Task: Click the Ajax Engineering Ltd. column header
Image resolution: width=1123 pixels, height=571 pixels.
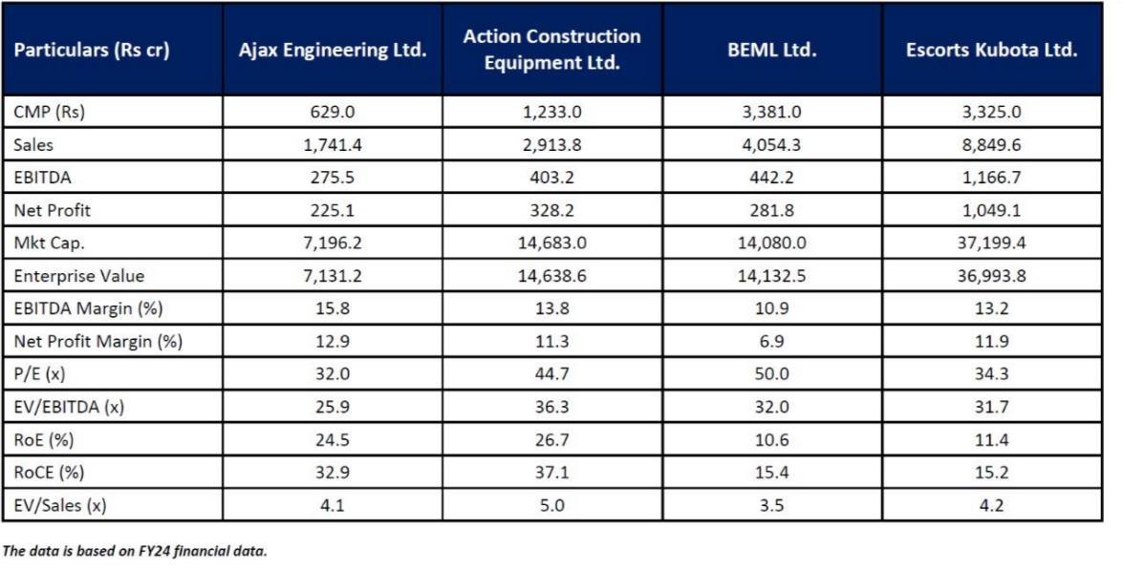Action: coord(332,51)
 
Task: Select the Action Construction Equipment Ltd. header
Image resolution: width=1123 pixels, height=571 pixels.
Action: coord(551,50)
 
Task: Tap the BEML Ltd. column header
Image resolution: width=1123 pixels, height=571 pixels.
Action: coord(771,51)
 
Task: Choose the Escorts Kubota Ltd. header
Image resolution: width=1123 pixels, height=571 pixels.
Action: coord(991,51)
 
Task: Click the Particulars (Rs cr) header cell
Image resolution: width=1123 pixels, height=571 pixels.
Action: coord(92,51)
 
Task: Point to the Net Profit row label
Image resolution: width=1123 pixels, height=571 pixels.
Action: coord(54,210)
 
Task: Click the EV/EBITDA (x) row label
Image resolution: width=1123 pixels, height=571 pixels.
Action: coord(69,407)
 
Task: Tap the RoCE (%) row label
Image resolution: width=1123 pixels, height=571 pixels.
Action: coord(49,473)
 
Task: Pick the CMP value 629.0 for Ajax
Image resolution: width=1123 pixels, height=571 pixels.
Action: coord(332,112)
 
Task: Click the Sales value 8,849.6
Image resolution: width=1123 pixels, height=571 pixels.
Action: coord(991,145)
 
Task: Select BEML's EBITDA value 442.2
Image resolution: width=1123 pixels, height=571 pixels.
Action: coord(771,178)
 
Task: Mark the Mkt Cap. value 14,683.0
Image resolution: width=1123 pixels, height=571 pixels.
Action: coord(551,243)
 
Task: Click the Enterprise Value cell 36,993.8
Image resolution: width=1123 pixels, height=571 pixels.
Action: coord(991,276)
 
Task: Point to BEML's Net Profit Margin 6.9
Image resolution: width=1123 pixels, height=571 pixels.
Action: coord(771,342)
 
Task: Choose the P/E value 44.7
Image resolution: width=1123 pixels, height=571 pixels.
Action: coord(551,374)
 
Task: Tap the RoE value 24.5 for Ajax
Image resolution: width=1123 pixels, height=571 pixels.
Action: coord(332,440)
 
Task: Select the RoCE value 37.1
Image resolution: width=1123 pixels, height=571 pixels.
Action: coord(551,473)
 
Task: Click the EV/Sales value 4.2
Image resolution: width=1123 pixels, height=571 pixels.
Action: coord(991,505)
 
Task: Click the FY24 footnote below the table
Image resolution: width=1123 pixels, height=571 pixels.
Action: coord(135,551)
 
